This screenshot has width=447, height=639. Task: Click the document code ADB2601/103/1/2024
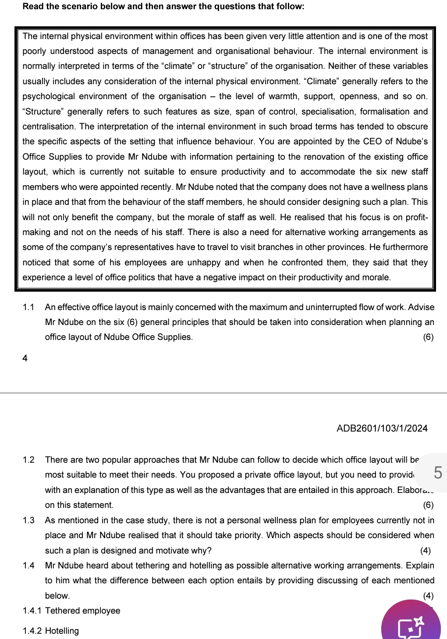tap(382, 428)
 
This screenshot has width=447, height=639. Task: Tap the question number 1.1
tap(28, 307)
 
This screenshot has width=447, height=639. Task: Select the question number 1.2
tap(28, 460)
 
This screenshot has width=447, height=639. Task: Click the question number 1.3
tap(28, 520)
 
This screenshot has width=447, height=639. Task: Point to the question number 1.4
tap(28, 565)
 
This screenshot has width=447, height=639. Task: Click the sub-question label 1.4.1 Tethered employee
tap(71, 610)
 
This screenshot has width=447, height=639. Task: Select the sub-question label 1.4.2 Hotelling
tap(51, 631)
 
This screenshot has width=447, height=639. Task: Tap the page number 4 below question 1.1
tap(25, 358)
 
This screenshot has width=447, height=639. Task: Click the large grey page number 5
tap(437, 473)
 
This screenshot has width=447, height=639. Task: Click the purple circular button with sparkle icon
tap(411, 623)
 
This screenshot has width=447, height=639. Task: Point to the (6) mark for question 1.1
tap(428, 337)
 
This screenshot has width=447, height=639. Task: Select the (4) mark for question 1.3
tap(425, 550)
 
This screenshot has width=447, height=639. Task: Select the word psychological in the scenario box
tap(49, 96)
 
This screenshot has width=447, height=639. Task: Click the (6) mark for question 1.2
tap(428, 505)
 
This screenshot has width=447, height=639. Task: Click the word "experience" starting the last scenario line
tap(43, 277)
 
